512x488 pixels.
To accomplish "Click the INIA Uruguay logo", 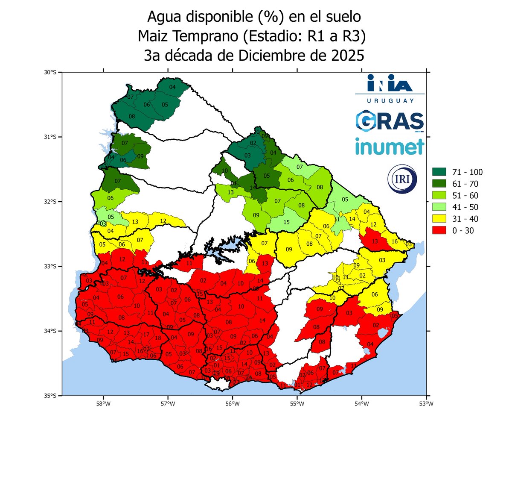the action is [x=390, y=88].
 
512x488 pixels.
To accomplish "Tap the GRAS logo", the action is [x=390, y=121].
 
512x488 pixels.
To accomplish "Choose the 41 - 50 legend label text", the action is [x=467, y=207].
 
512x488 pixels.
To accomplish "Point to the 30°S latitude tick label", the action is [x=50, y=73].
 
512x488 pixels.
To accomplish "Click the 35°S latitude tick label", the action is [x=50, y=396].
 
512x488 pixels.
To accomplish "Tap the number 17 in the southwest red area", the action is [x=146, y=335].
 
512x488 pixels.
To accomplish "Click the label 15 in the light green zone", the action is [x=286, y=222].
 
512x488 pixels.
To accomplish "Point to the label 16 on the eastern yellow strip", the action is [x=395, y=241].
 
